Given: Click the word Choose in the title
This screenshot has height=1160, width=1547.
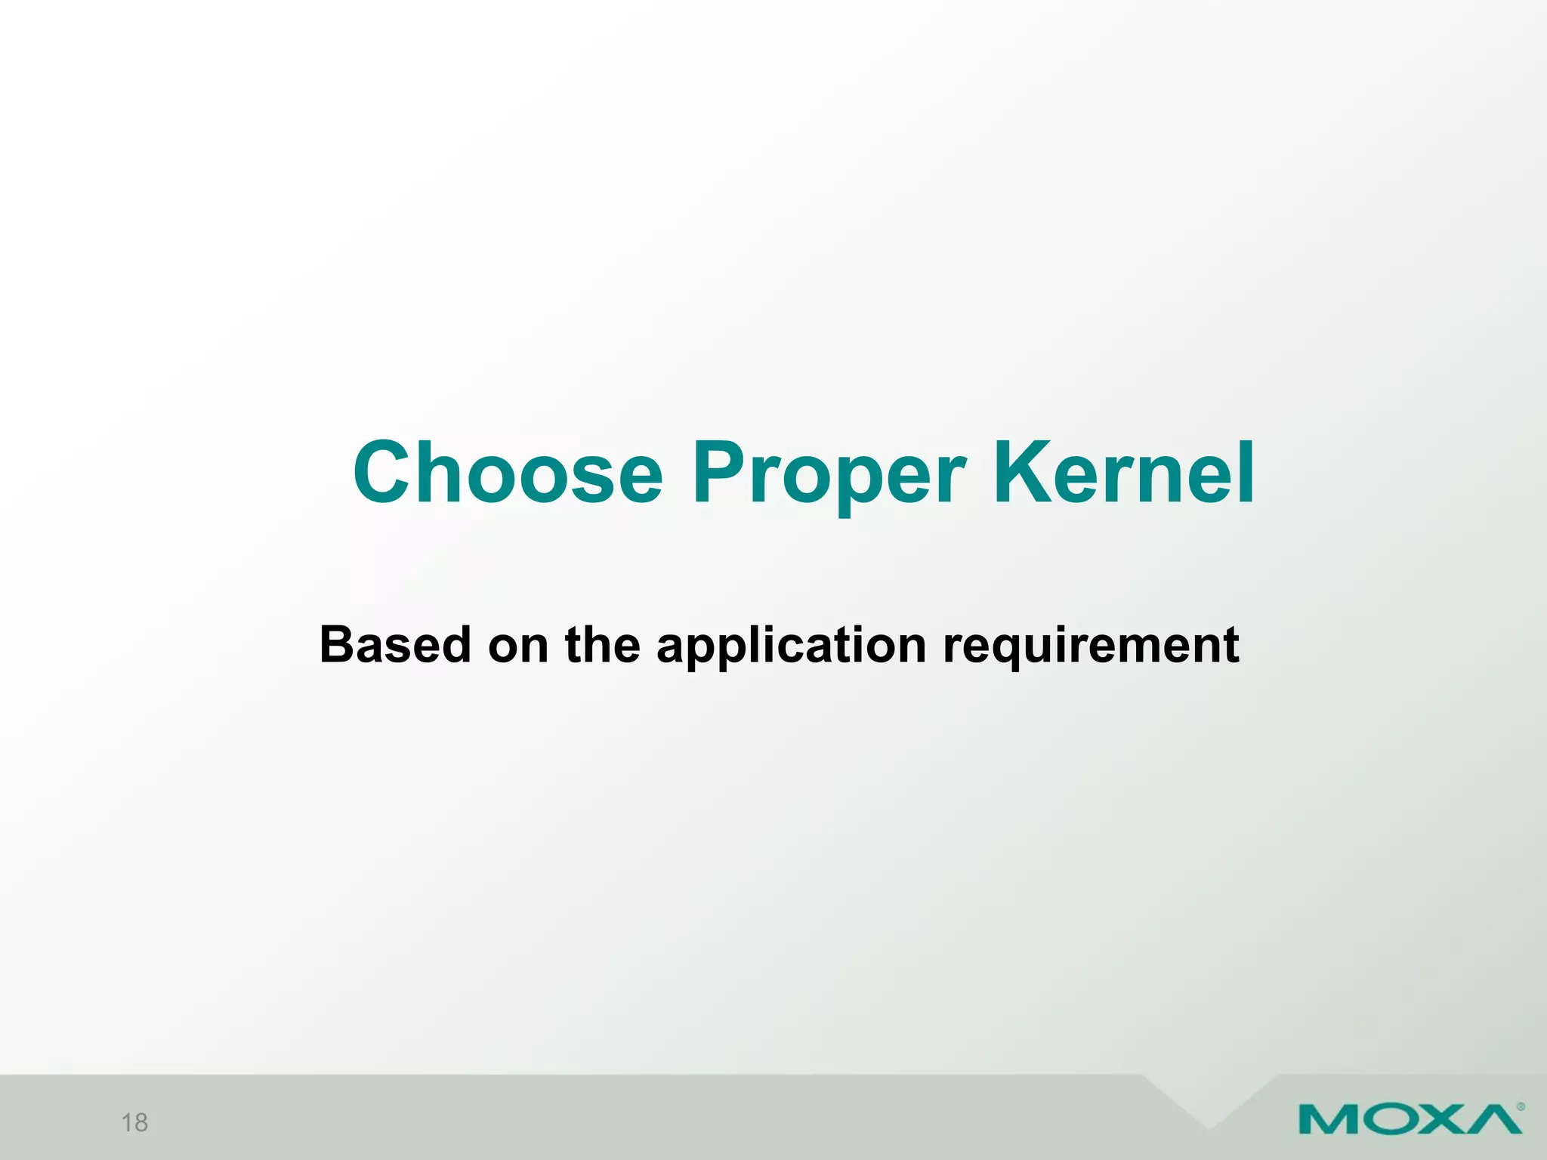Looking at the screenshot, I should (x=508, y=473).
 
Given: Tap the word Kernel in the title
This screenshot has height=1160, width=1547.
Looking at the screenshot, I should (x=1124, y=473).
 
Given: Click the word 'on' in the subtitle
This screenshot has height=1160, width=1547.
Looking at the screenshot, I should (x=518, y=646).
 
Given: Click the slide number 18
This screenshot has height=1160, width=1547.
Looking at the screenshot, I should (x=134, y=1123).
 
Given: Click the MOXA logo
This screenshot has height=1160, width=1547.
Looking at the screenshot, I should (x=1410, y=1118).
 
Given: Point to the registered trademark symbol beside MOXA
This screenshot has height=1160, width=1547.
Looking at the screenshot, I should (x=1521, y=1108).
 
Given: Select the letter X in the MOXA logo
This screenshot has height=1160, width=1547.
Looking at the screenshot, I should (x=1440, y=1119).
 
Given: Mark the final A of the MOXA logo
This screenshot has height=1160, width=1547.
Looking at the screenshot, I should (x=1493, y=1119).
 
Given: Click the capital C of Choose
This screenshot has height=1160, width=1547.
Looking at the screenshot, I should (x=388, y=473).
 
